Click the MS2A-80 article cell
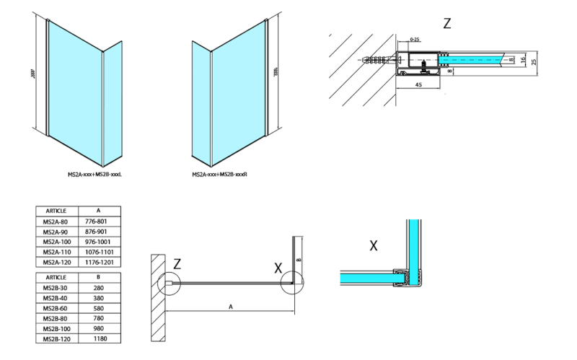click(x=56, y=221)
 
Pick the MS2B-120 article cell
click(x=56, y=338)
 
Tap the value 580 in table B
click(x=100, y=307)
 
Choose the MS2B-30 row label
click(x=56, y=287)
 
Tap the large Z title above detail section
click(x=447, y=23)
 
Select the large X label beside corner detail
click(x=374, y=246)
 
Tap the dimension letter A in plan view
click(x=230, y=307)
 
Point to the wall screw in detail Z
click(x=380, y=58)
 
